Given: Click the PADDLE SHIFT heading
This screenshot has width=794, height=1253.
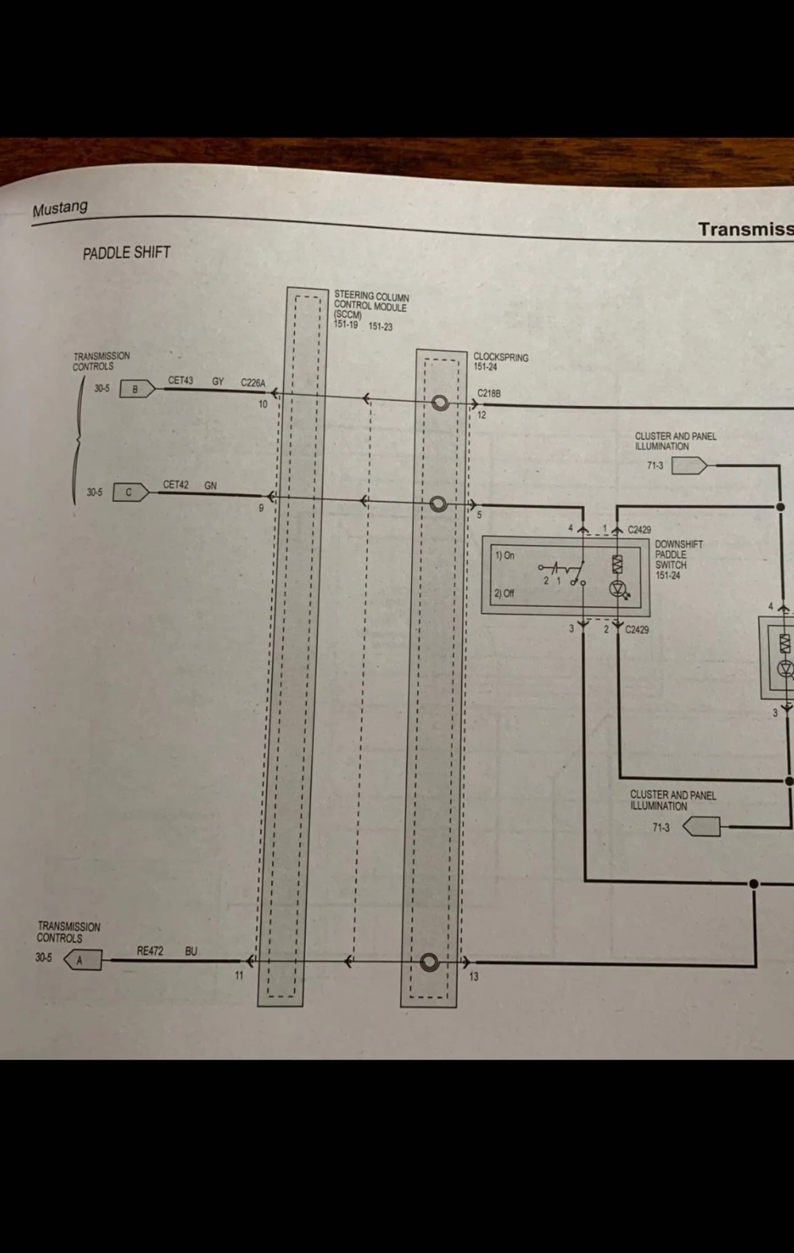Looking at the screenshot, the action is click(x=126, y=253).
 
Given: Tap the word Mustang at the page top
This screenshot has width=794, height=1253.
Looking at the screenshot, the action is click(x=60, y=208).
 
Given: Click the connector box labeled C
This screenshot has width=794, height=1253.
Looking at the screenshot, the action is click(x=130, y=492).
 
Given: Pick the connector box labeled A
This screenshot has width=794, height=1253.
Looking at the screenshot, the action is click(x=82, y=960).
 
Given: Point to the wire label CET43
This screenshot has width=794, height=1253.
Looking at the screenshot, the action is click(x=180, y=380).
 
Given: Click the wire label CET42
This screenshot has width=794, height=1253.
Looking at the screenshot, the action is click(x=175, y=485).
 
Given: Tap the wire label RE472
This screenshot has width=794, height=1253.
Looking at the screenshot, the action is click(x=150, y=951).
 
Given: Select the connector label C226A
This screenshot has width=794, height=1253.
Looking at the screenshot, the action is click(x=253, y=383).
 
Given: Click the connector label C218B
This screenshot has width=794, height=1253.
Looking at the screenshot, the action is click(x=489, y=393).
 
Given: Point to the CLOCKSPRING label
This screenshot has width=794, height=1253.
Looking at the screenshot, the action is click(x=500, y=357).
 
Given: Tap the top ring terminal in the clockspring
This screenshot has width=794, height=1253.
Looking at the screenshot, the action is click(x=439, y=403).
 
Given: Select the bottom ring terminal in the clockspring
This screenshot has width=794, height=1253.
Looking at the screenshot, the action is click(x=430, y=962).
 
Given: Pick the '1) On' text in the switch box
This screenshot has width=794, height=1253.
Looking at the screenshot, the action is click(x=505, y=555).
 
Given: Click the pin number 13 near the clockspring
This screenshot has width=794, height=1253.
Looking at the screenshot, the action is click(x=473, y=977).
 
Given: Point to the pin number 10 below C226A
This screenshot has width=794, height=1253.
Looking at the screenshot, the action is click(x=263, y=404).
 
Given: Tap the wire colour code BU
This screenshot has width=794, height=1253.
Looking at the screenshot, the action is click(x=191, y=951).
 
